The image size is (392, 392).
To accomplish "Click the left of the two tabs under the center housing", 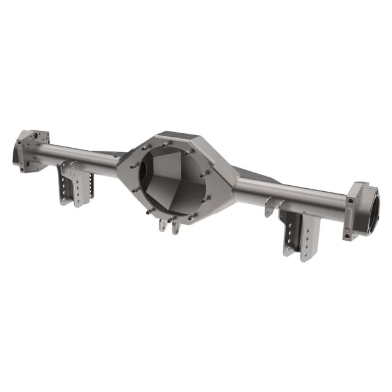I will tap(162, 226).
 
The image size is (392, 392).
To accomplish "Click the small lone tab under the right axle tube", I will tap(268, 208).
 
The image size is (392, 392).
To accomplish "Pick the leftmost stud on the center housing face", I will tap(131, 165).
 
